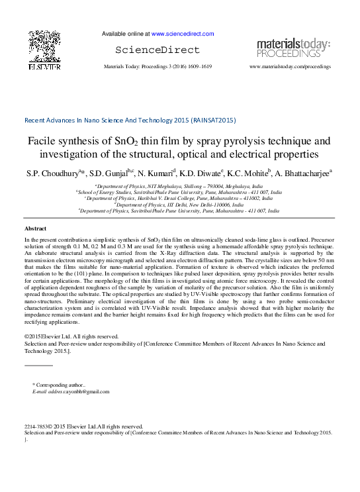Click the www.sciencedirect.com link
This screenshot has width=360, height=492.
tap(182, 34)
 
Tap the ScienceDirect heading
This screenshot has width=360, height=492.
tap(157, 50)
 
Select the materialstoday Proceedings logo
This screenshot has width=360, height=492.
tap(293, 48)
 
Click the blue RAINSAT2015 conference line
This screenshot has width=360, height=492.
tap(130, 121)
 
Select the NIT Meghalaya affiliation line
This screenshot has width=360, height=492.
tap(179, 187)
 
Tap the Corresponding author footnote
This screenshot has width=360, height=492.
tap(60, 385)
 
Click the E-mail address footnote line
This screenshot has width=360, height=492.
tap(71, 392)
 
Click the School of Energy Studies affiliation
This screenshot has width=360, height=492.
tap(179, 193)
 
